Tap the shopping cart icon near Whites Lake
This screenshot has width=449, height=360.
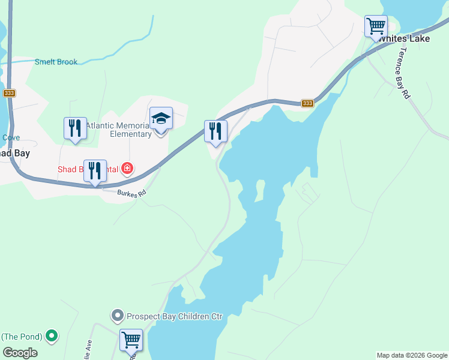tap(376, 26)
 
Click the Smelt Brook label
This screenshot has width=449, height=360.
tap(56, 62)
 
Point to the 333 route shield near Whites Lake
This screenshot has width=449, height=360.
tap(307, 103)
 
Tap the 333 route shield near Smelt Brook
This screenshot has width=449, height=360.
tap(9, 93)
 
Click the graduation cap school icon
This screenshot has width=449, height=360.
tap(161, 118)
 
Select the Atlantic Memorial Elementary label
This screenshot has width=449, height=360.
tap(118, 130)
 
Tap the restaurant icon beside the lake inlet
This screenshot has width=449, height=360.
tap(215, 131)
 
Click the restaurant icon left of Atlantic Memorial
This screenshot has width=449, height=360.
tap(75, 128)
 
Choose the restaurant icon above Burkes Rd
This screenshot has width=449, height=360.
tap(95, 171)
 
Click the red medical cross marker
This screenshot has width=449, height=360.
tap(127, 169)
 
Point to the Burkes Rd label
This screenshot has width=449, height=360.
tap(132, 194)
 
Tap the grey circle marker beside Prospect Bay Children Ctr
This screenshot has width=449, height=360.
tap(118, 315)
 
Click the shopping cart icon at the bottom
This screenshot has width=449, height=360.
tap(131, 340)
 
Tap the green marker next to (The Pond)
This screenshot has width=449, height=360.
tap(52, 335)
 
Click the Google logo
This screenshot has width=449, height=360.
tap(20, 353)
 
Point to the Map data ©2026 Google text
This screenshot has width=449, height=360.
tap(412, 355)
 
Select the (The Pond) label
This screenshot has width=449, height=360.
tap(23, 336)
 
